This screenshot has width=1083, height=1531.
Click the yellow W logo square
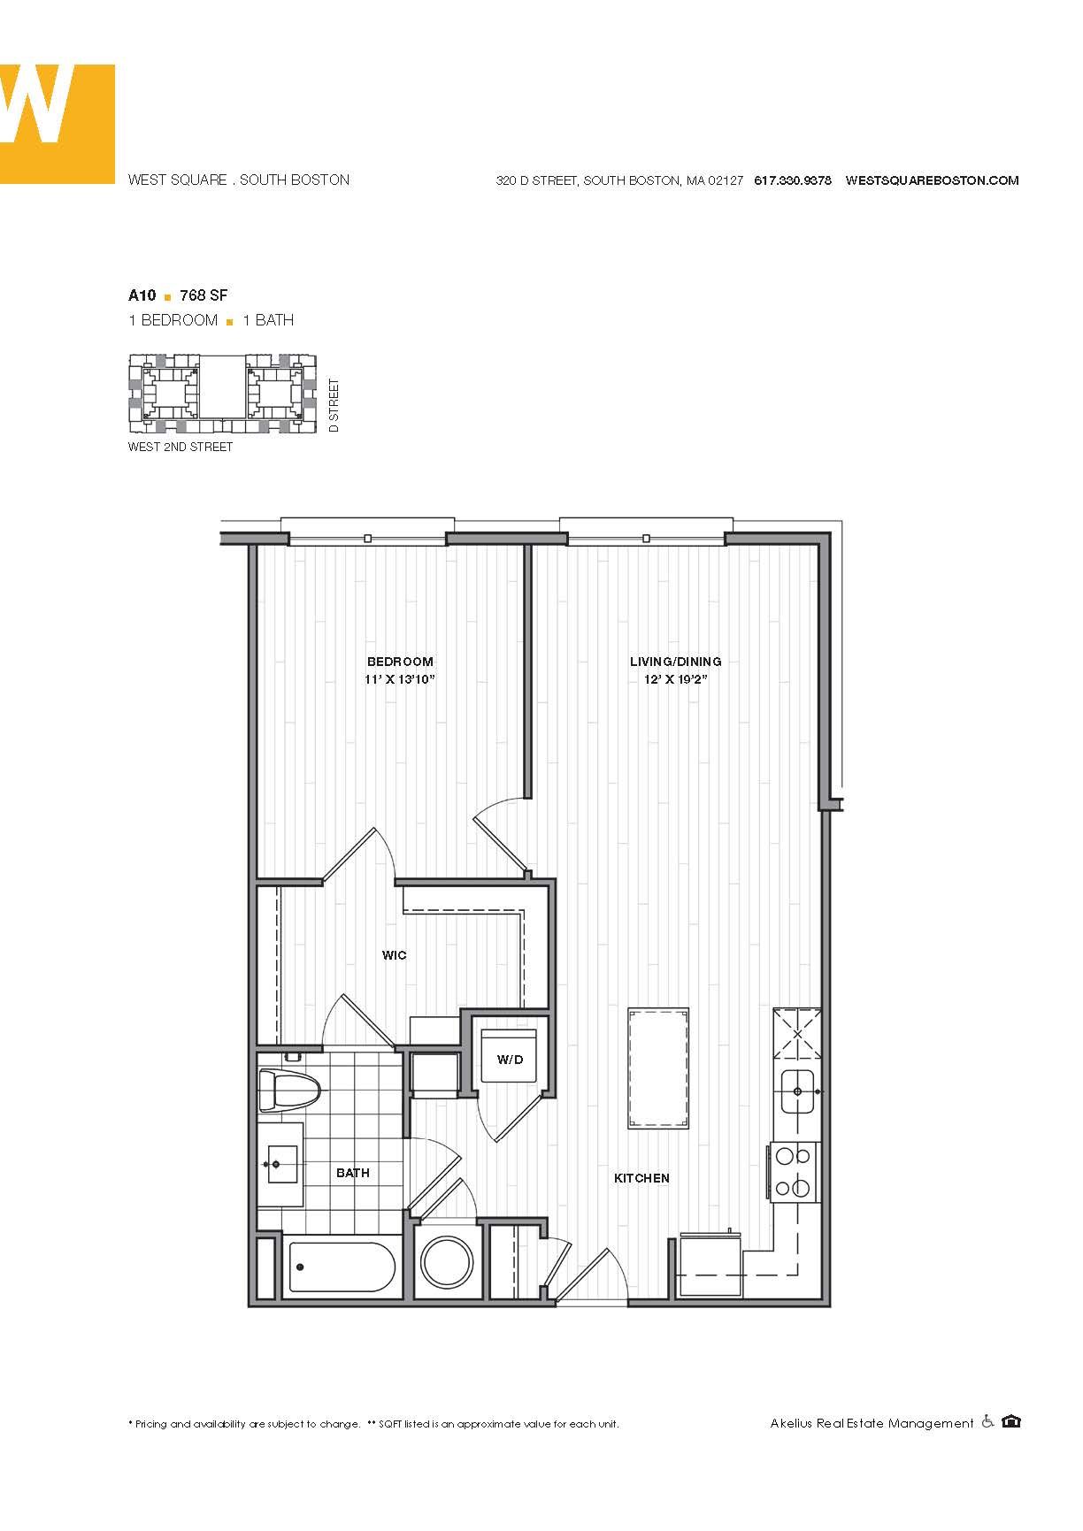(57, 124)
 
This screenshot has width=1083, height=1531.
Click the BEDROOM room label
(400, 662)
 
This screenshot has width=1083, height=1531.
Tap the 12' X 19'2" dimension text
(675, 680)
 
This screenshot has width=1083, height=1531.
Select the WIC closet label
(395, 955)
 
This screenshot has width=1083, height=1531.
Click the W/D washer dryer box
(510, 1059)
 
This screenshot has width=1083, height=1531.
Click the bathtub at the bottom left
(342, 1267)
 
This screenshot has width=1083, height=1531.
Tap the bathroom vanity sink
(281, 1164)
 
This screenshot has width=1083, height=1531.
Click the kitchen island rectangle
(658, 1068)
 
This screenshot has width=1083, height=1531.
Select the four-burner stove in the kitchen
(794, 1172)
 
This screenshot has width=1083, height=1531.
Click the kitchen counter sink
(798, 1091)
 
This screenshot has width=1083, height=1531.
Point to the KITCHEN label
(641, 1178)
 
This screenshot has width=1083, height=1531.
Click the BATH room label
(353, 1173)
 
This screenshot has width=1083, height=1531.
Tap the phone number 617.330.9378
(792, 180)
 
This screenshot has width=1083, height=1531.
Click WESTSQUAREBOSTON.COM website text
(932, 180)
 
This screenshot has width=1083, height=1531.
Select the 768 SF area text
(204, 295)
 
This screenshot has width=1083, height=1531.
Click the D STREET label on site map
(334, 405)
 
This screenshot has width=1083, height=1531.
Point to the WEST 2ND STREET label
(180, 448)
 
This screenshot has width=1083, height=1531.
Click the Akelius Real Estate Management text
(872, 1423)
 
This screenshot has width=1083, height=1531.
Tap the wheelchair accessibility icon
(987, 1421)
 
